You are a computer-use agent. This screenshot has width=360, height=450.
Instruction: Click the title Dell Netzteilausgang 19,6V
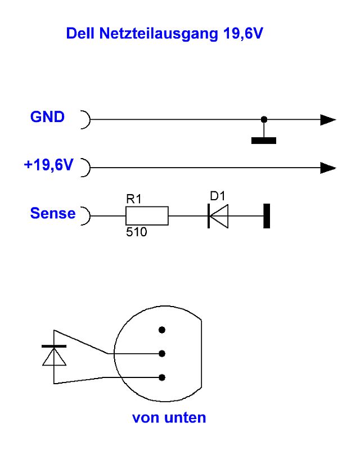coord(165,34)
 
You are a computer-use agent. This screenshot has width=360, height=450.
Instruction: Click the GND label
coord(47,117)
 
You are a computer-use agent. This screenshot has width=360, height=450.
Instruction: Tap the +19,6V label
coord(49,165)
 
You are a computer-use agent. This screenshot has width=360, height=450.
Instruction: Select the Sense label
coord(53,213)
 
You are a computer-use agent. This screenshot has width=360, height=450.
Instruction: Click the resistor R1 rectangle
coord(146,215)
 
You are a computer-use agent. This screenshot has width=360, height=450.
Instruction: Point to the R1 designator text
coord(134,199)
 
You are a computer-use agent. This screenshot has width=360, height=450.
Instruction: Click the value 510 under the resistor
coord(136,231)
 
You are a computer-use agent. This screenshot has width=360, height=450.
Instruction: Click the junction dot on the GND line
coord(263,120)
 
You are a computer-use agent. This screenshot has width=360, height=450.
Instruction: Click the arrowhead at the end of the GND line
coord(327,120)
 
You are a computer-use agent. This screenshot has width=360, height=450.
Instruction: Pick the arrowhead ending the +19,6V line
coord(327,168)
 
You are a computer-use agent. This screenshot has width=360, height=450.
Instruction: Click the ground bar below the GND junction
coord(263,140)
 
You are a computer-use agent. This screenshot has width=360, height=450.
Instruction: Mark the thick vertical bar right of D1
coord(267,215)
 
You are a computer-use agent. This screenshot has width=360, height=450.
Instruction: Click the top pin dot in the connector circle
coord(162,330)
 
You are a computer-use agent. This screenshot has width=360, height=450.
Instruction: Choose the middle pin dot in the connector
coord(162,353)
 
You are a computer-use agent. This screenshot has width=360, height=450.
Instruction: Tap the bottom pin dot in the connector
coord(162,377)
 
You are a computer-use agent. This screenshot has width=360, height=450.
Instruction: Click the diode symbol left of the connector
coord(54,355)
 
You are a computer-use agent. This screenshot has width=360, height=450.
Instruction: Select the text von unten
coord(169,418)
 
